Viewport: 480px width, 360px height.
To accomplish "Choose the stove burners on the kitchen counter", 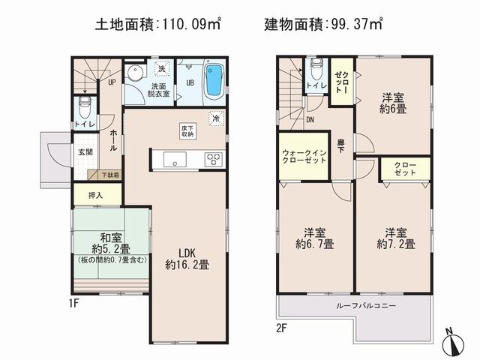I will (213, 158).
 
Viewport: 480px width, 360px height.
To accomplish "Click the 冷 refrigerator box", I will (215, 118).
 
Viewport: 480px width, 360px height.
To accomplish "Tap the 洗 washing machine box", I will (160, 70).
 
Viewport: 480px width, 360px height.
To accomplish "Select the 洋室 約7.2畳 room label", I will (393, 238).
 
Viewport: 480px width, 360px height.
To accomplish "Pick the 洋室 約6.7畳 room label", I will (314, 238).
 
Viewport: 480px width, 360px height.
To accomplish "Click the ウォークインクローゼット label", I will (304, 155).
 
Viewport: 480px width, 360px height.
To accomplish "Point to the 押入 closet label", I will (97, 194).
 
